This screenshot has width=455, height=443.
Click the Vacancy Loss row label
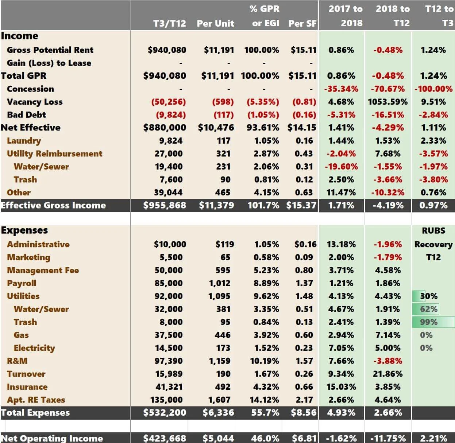tap(35, 102)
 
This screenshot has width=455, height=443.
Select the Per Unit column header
tap(215, 23)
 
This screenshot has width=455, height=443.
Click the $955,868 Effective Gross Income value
tap(165, 205)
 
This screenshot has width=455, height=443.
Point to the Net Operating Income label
tap(52, 438)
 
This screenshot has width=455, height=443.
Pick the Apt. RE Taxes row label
tap(36, 400)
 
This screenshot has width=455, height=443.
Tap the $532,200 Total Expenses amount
tap(165, 413)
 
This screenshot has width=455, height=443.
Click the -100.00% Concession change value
tap(433, 89)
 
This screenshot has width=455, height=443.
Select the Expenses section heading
tap(24, 230)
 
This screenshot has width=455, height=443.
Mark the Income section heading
tap(20, 36)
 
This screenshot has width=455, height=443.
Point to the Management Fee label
tap(43, 270)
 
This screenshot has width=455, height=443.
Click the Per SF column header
tap(302, 23)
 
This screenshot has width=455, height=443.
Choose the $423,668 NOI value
tap(165, 438)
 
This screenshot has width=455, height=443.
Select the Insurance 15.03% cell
tap(341, 387)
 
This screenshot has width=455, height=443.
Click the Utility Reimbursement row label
tap(54, 154)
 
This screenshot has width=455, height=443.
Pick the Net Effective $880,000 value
tap(165, 128)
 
